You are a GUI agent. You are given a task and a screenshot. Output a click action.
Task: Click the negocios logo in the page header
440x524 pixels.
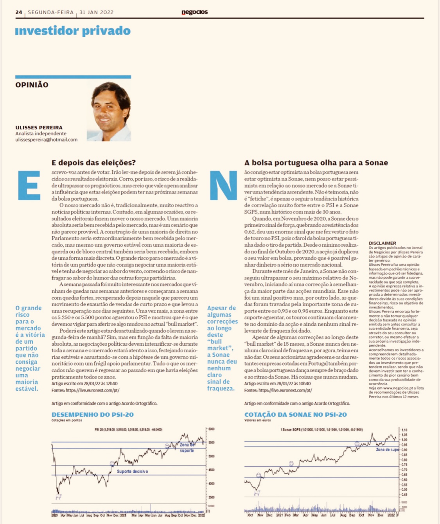click(x=194, y=12)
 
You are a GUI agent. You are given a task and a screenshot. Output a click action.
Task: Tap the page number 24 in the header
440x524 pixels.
click(x=19, y=12)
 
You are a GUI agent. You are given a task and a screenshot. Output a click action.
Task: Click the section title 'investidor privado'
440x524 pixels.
click(x=73, y=31)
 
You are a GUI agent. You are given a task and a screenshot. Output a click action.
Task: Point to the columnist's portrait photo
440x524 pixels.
click(x=109, y=111)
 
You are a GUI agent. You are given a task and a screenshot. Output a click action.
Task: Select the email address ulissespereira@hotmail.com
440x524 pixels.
click(x=46, y=140)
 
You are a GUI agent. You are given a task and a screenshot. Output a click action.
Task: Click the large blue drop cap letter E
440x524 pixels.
click(x=29, y=185)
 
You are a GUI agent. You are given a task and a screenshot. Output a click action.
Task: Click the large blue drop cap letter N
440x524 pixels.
click(x=223, y=185)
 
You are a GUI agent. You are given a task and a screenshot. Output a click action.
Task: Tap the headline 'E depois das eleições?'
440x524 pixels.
click(x=93, y=163)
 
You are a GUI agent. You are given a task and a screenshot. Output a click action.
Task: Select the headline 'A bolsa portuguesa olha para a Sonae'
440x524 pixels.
click(x=316, y=163)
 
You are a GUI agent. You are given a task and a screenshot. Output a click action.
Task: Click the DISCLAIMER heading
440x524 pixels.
click(x=382, y=243)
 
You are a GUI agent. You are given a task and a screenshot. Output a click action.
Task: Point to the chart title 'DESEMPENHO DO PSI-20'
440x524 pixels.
click(x=93, y=415)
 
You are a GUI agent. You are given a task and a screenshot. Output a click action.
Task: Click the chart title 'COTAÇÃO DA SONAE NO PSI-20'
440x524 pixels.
click(x=295, y=415)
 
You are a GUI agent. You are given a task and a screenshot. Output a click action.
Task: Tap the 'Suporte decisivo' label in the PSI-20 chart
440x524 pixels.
click(x=132, y=471)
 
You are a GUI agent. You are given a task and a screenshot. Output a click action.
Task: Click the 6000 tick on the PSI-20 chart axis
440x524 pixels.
click(x=212, y=429)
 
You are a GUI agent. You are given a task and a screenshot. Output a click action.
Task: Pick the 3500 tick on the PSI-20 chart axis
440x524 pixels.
click(x=212, y=497)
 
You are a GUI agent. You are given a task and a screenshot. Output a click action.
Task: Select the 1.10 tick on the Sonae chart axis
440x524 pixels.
click(x=404, y=430)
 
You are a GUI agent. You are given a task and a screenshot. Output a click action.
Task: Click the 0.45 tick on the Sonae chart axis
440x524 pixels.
click(x=404, y=495)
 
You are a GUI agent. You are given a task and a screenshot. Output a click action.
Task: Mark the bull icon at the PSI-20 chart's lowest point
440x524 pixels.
click(x=59, y=497)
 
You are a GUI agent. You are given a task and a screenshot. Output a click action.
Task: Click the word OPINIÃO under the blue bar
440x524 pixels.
click(x=32, y=85)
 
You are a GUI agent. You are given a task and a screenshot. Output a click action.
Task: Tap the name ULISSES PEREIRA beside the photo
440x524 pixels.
click(x=39, y=127)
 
